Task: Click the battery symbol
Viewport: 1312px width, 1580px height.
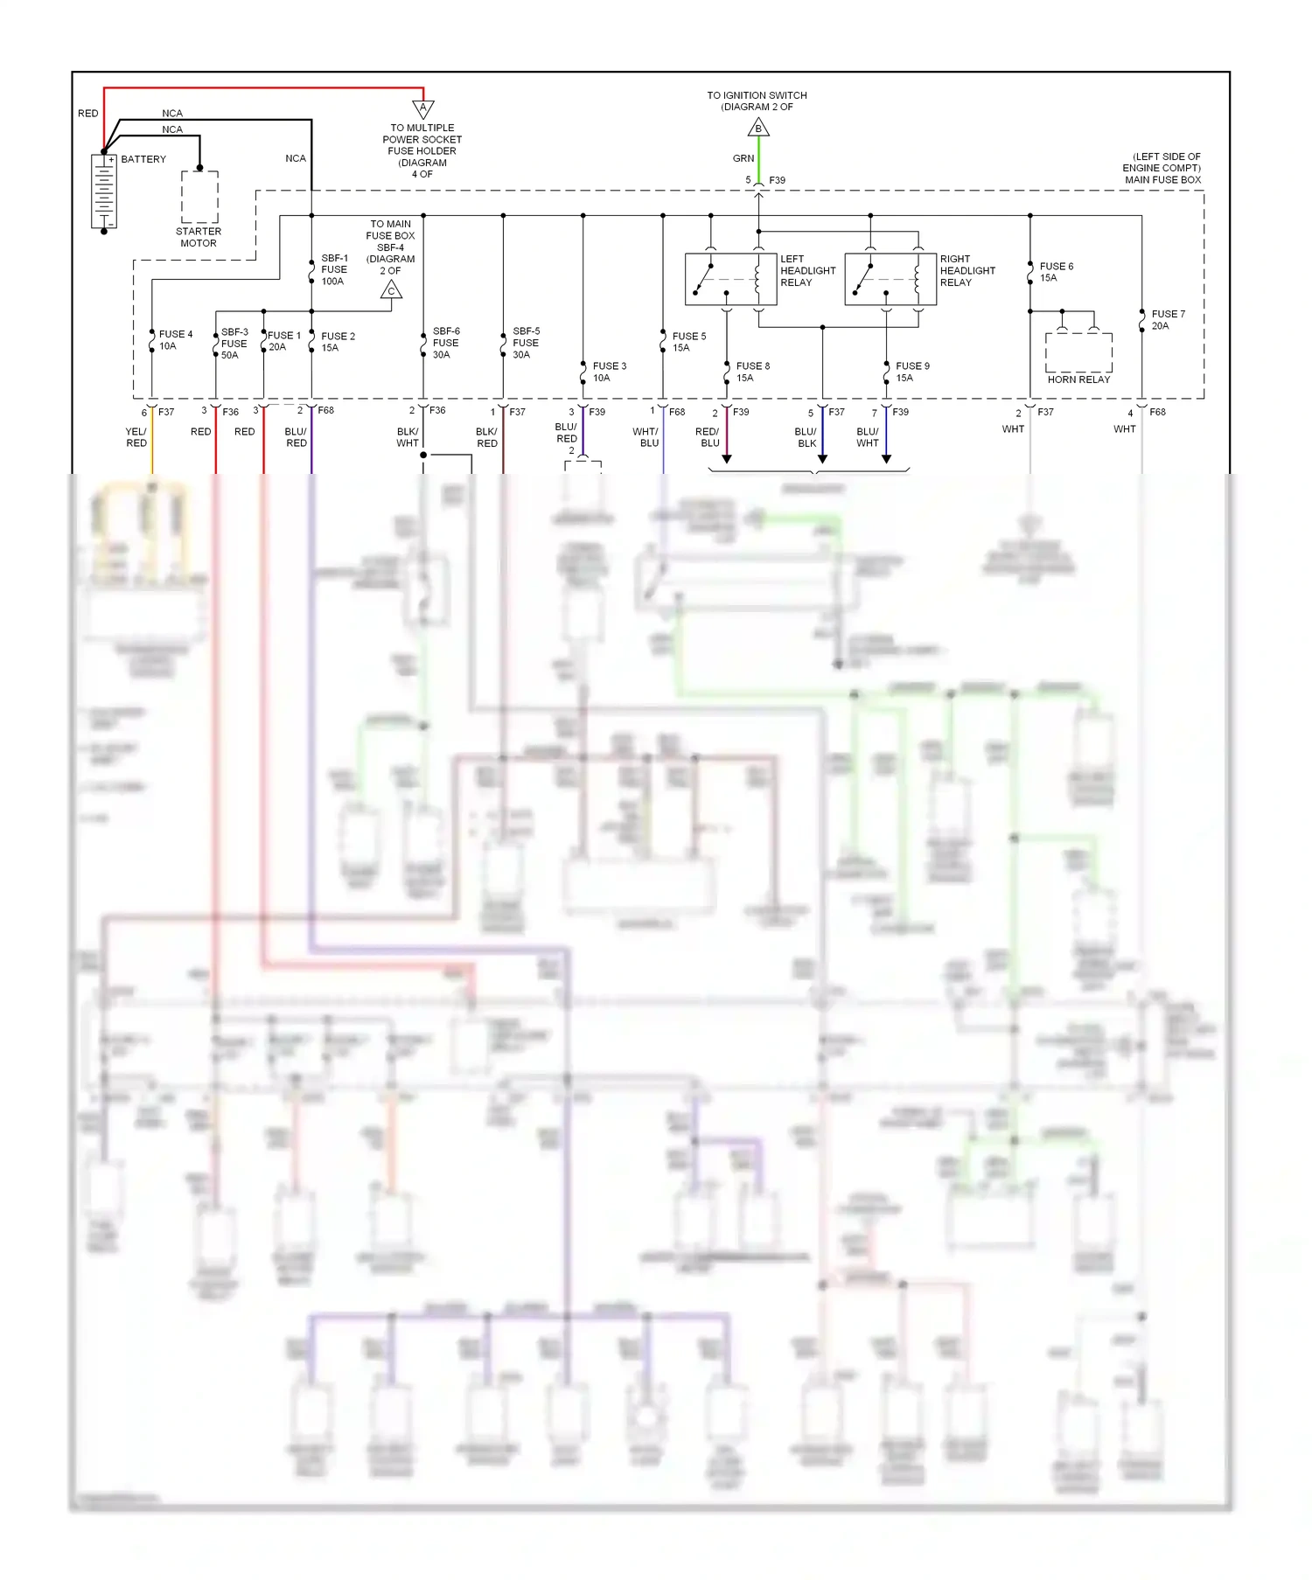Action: point(103,191)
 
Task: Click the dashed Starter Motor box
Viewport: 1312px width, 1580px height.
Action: point(199,197)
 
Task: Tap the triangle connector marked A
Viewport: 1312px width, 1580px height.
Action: point(423,109)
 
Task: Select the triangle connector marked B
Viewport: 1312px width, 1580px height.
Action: point(758,129)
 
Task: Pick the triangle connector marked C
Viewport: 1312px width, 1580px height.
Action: point(391,290)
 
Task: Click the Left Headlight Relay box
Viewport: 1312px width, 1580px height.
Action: point(730,279)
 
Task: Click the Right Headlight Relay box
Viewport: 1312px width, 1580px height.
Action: point(890,279)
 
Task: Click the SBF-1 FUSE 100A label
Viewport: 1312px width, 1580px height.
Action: point(334,269)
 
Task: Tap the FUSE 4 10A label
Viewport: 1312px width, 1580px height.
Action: point(175,340)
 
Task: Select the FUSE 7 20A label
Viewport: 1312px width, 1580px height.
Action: point(1168,320)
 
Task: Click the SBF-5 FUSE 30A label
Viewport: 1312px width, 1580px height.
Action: point(526,343)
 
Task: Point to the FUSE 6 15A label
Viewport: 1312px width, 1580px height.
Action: point(1056,272)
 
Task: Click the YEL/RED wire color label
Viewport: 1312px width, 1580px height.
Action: point(136,437)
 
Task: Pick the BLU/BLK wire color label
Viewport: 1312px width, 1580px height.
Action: point(806,437)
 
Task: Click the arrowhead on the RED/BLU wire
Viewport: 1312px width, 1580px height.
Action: point(727,458)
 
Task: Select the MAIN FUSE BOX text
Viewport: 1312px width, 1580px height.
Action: point(1162,180)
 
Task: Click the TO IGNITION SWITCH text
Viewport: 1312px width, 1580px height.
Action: point(757,95)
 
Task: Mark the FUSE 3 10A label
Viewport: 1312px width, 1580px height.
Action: point(609,372)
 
